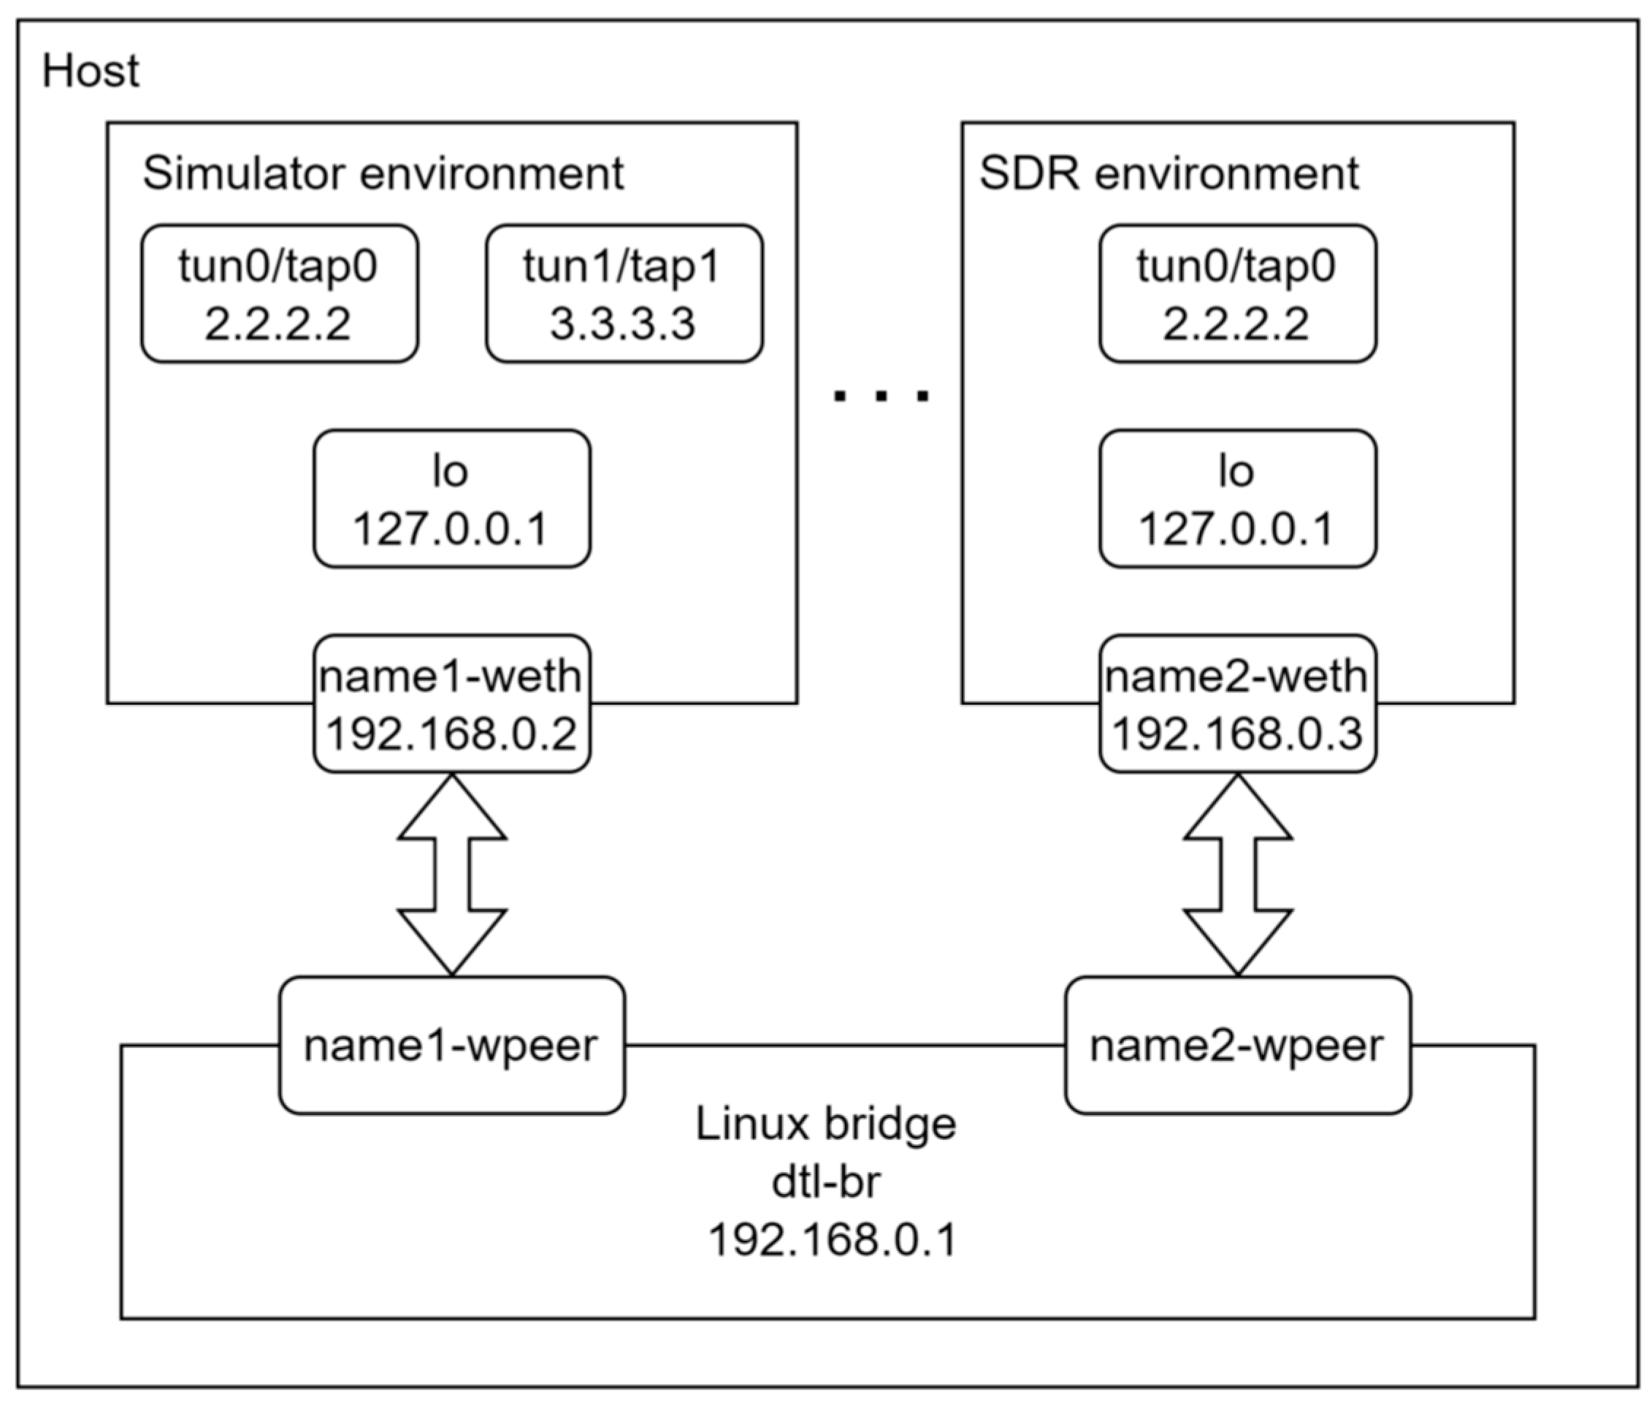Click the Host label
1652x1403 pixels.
tap(91, 72)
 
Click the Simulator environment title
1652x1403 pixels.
tap(383, 173)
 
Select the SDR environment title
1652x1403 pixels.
tap(1168, 173)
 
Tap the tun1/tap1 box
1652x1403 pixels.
tap(624, 294)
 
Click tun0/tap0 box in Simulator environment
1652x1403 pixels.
tap(280, 294)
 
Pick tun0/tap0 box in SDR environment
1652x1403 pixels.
tap(1237, 294)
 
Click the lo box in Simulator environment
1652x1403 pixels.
tap(451, 498)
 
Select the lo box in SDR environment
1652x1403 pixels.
tap(1237, 498)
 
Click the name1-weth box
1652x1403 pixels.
tap(451, 703)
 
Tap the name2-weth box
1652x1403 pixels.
tap(1237, 703)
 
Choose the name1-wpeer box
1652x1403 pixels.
tap(451, 1045)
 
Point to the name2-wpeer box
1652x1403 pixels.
tap(1237, 1045)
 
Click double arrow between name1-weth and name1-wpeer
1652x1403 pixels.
tap(451, 874)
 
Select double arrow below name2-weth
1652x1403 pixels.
tap(1237, 874)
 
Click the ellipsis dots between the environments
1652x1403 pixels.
tap(880, 395)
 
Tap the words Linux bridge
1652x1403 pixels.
tap(826, 1125)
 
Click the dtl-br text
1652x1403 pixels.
tap(826, 1182)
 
